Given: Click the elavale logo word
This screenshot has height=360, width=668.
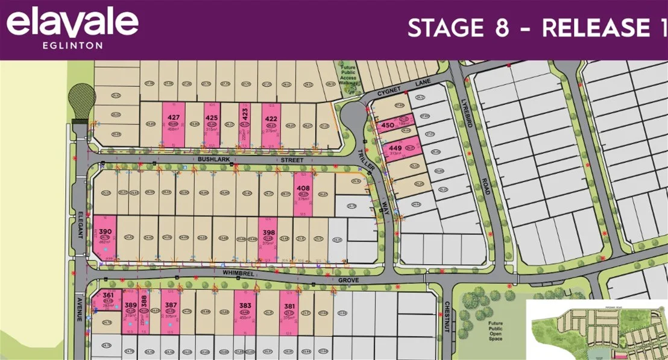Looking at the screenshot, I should (x=72, y=25).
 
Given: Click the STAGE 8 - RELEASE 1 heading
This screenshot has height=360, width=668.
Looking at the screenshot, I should (x=537, y=28).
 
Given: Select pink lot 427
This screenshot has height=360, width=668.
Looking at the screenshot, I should (x=174, y=124).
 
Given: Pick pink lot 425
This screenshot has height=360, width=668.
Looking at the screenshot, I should (x=212, y=124).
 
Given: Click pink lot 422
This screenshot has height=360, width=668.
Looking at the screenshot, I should (x=271, y=124).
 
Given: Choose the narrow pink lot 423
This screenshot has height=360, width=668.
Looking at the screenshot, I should (x=245, y=124).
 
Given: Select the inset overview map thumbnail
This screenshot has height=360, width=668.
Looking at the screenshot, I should (x=596, y=329).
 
